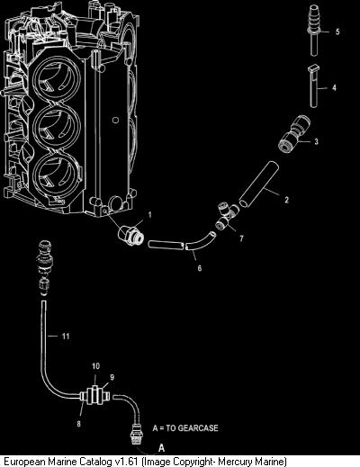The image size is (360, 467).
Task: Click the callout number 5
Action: (x=337, y=31)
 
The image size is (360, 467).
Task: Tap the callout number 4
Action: (x=334, y=88)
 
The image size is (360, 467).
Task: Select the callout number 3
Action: (x=316, y=141)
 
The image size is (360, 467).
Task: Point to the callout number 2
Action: (x=286, y=200)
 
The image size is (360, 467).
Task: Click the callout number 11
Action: (x=66, y=337)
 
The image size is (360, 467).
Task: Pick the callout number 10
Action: (x=95, y=366)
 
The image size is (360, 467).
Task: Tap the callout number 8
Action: (x=78, y=424)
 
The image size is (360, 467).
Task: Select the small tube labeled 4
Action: (x=313, y=86)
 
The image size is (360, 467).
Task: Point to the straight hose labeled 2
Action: (x=259, y=184)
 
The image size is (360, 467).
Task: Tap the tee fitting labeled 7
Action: (x=227, y=216)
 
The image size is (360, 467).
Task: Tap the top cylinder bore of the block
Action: (x=56, y=78)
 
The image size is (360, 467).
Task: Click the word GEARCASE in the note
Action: (x=198, y=427)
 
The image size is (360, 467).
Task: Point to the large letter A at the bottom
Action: (x=161, y=448)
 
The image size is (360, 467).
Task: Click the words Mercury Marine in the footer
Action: (x=251, y=461)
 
